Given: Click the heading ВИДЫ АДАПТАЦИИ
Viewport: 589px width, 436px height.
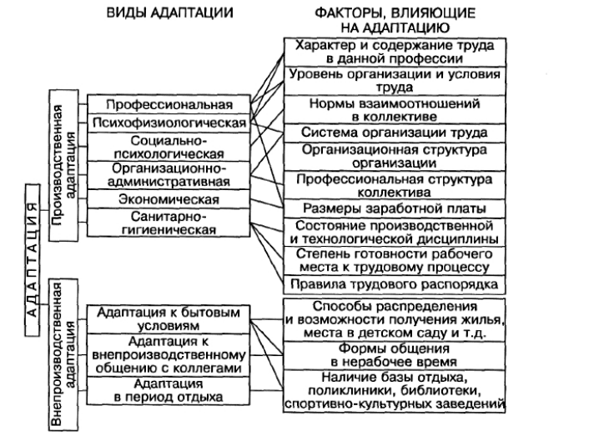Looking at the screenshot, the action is click(x=170, y=13).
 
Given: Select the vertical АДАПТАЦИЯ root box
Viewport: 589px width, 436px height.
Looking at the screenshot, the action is click(x=33, y=259).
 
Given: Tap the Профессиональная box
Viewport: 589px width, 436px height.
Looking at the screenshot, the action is click(x=169, y=104).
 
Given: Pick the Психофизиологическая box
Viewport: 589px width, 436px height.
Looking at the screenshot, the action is click(x=169, y=123).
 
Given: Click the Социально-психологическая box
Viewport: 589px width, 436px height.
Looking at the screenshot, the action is click(x=169, y=147).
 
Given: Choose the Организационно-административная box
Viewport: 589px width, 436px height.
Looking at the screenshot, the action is click(x=169, y=175).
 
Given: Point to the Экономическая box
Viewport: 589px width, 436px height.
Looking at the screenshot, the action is click(x=169, y=199).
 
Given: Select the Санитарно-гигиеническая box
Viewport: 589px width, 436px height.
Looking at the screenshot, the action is click(x=169, y=223).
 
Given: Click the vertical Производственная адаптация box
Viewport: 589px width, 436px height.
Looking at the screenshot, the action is click(x=63, y=165).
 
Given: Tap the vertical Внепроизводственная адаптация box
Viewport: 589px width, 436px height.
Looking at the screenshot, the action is click(x=63, y=354).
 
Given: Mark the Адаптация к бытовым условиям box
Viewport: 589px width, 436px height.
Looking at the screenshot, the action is click(x=169, y=319).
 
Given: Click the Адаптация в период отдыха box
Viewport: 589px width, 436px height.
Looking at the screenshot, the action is click(x=169, y=391).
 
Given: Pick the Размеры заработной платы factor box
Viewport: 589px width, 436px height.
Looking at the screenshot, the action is click(x=395, y=208).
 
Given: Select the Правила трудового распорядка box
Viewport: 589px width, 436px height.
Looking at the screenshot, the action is click(x=395, y=284).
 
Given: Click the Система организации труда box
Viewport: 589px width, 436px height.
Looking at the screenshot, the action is click(x=395, y=133).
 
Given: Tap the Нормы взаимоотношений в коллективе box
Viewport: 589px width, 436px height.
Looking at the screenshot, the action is click(x=395, y=109).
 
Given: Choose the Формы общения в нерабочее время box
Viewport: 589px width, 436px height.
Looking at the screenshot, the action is click(x=395, y=355).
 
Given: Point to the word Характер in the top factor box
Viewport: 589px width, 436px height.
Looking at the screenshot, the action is click(x=325, y=46).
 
